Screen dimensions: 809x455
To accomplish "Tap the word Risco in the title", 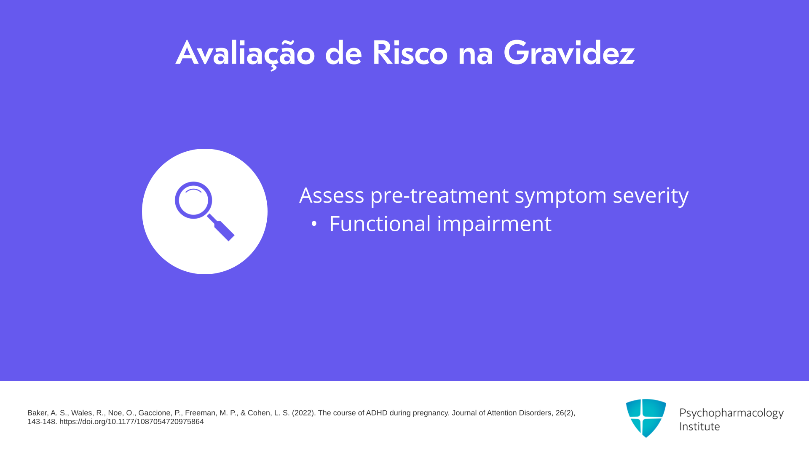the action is coord(410,53).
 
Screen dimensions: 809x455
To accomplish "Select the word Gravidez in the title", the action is coord(569,53).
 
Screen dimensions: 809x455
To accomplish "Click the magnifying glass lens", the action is coord(193,200).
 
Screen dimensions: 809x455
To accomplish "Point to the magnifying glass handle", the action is coord(221,228).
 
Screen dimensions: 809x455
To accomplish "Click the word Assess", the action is coord(332,195).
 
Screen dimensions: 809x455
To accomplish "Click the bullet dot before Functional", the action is coord(314,224).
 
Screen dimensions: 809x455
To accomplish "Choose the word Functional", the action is coord(380,224).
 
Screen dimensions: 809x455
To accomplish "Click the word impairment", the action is coord(494,225).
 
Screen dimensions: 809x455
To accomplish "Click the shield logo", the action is coord(646,418).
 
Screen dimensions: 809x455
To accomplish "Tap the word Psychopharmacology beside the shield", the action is coord(731,413).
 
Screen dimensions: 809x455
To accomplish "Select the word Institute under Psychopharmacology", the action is coord(699,426).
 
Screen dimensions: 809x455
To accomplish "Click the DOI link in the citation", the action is coord(131,422).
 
